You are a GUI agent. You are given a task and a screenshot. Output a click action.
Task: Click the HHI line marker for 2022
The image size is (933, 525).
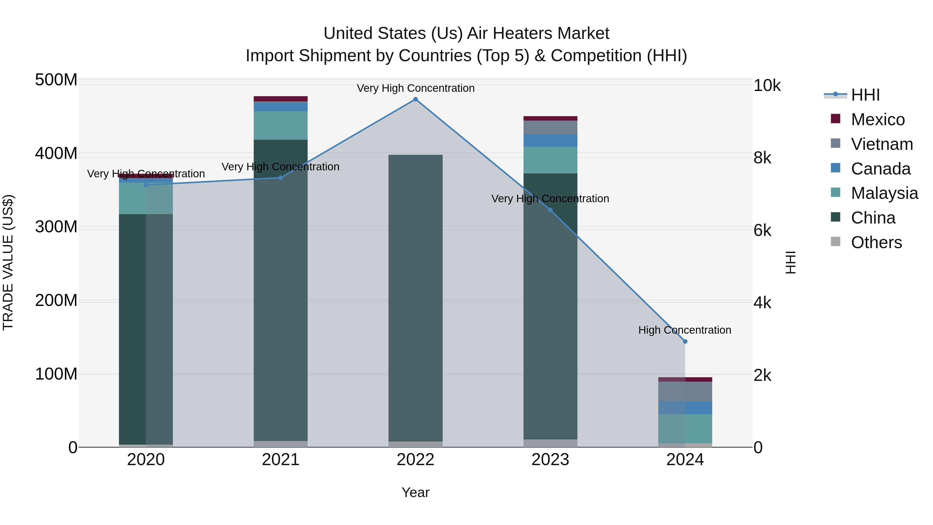click(415, 99)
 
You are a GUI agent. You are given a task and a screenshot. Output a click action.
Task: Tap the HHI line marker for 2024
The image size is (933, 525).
click(685, 341)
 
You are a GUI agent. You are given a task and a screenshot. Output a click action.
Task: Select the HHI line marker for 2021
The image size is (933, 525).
click(281, 178)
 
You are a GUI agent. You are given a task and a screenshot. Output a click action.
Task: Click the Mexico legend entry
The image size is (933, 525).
click(878, 120)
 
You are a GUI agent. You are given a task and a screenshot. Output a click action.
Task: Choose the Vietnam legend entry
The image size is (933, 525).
click(882, 144)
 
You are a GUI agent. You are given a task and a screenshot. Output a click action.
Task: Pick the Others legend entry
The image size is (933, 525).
click(876, 242)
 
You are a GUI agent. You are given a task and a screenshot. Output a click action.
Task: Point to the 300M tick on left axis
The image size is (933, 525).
click(56, 227)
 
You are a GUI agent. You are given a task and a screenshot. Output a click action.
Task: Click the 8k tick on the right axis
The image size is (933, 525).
click(762, 158)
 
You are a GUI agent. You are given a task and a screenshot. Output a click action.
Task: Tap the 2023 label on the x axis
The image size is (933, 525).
click(550, 460)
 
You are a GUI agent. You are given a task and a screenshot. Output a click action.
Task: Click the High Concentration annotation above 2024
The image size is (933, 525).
click(684, 330)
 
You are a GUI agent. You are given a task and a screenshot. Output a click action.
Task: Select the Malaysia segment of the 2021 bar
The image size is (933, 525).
click(281, 125)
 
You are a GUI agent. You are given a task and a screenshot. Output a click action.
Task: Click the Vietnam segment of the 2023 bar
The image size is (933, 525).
click(550, 128)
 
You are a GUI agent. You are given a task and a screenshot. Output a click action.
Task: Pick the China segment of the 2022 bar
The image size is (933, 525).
click(415, 297)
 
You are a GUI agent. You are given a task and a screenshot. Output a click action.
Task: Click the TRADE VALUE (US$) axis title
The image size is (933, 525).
click(8, 262)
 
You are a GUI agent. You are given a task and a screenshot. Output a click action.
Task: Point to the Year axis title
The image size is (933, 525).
click(415, 492)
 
